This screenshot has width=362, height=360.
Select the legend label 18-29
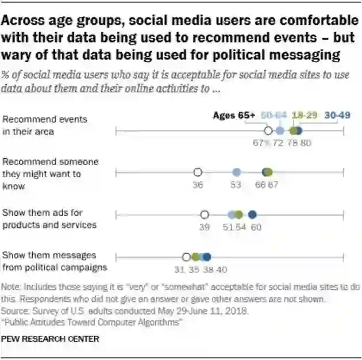[305, 116]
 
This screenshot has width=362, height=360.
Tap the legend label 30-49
[337, 116]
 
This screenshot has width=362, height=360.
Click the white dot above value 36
[198, 172]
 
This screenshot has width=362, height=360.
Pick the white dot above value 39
[205, 215]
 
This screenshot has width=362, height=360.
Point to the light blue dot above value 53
[236, 172]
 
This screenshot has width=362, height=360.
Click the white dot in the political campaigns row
[186, 257]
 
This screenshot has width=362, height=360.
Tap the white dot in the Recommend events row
[267, 132]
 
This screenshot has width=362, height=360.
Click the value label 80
[306, 143]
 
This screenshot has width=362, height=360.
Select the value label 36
[198, 185]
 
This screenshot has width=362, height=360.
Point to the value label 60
[256, 228]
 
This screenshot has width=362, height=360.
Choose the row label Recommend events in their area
[45, 125]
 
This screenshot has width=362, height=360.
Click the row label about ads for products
[49, 219]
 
